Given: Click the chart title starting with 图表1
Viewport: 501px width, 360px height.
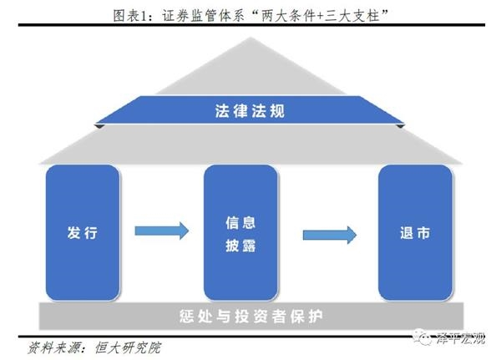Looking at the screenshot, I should pyautogui.click(x=250, y=12).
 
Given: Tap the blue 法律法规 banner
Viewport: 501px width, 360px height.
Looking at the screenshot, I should pyautogui.click(x=250, y=109).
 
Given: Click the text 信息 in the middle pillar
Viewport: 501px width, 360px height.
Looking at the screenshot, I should pyautogui.click(x=240, y=223).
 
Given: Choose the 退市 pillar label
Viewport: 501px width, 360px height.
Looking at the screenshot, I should pyautogui.click(x=416, y=233).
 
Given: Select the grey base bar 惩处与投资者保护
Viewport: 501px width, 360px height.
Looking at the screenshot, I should pyautogui.click(x=250, y=317).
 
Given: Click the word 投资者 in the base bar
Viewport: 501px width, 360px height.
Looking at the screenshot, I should pyautogui.click(x=266, y=317).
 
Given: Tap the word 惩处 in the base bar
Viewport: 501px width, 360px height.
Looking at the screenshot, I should pyautogui.click(x=193, y=317).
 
